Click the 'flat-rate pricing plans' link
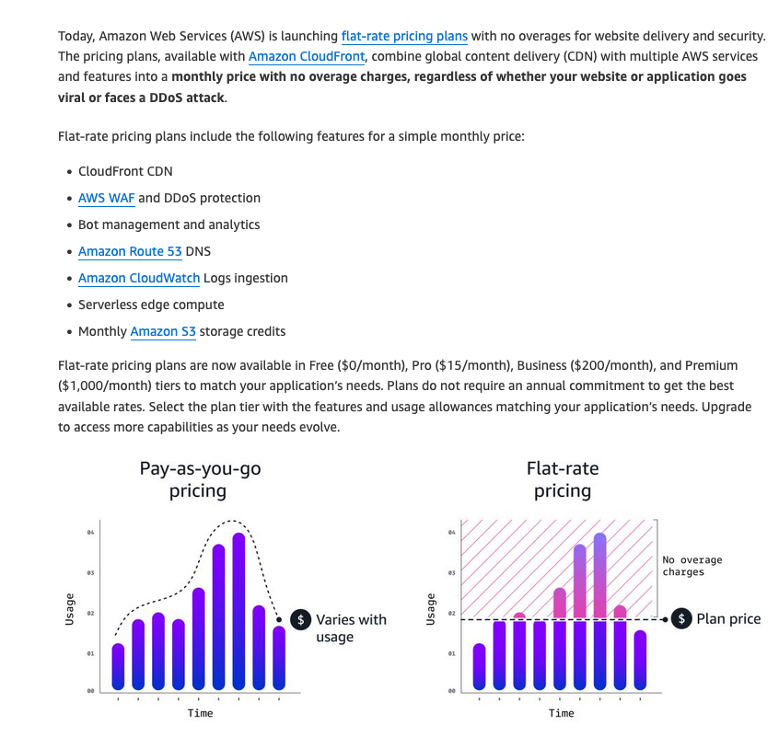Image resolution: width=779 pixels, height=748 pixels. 404,37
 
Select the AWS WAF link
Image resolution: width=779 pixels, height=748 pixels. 106,198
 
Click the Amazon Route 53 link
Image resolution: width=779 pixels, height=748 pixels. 130,251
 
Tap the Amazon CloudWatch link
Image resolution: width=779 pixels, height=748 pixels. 138,278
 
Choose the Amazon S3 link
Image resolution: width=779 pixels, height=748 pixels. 163,331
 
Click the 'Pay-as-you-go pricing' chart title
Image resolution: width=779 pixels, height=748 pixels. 199,479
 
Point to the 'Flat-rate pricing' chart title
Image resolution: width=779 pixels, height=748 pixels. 562,479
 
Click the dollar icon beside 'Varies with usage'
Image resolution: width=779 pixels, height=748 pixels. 300,619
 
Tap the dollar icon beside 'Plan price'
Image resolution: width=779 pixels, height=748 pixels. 681,619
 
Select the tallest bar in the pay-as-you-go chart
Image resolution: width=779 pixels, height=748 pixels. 238,612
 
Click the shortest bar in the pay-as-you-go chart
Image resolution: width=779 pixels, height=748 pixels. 118,666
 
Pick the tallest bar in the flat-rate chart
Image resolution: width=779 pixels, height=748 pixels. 600,612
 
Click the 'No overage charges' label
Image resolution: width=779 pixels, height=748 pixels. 692,566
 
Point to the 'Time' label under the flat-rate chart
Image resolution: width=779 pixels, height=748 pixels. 561,713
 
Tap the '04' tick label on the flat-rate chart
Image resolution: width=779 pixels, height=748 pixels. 451,533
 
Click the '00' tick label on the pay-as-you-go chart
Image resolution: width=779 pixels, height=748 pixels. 90,691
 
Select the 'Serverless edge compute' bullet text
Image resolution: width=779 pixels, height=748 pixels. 151,305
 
